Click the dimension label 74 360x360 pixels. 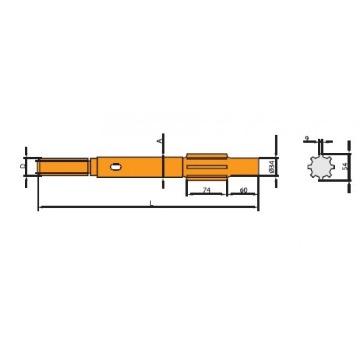click(206, 189)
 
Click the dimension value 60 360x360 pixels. click(243, 189)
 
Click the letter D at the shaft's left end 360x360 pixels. click(23, 166)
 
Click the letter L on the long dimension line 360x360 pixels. click(151, 204)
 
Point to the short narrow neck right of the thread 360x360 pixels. click(92, 166)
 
